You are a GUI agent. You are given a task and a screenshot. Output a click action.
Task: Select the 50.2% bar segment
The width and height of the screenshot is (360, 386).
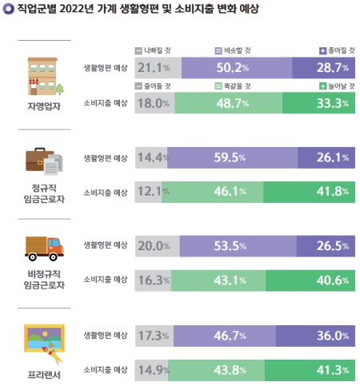pos(237,68)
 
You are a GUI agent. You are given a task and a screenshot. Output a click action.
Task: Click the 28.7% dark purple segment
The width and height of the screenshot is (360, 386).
pos(325,68)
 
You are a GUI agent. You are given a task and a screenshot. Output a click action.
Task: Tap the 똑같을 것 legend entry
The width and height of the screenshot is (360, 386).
pos(239,86)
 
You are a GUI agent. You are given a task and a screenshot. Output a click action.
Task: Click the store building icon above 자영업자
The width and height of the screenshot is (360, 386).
pos(45,75)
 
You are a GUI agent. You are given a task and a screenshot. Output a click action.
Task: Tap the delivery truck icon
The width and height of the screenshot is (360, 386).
pos(45,249)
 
